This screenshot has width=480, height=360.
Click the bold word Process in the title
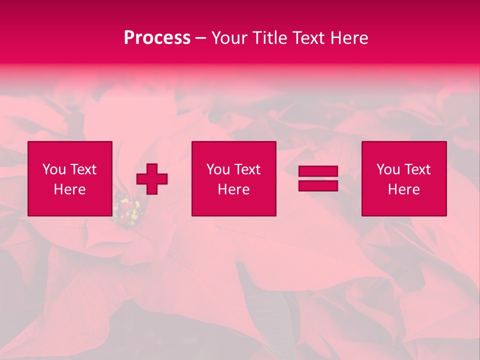[x=157, y=38]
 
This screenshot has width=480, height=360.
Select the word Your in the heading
[x=229, y=38]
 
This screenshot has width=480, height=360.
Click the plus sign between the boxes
[x=152, y=179]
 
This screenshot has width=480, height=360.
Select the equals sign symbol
[x=318, y=178]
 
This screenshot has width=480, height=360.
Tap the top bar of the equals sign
[x=318, y=171]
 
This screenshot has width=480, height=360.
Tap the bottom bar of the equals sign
[x=318, y=185]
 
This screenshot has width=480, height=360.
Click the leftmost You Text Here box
[x=69, y=178]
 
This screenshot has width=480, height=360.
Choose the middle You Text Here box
[x=233, y=178]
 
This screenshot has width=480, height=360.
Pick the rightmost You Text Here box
[x=403, y=178]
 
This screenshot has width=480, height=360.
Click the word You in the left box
[x=54, y=169]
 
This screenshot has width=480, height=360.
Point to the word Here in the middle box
[x=233, y=189]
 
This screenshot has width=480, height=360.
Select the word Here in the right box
[x=403, y=189]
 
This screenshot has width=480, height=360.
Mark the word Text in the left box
[x=82, y=169]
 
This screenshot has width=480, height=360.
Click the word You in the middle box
[x=218, y=169]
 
